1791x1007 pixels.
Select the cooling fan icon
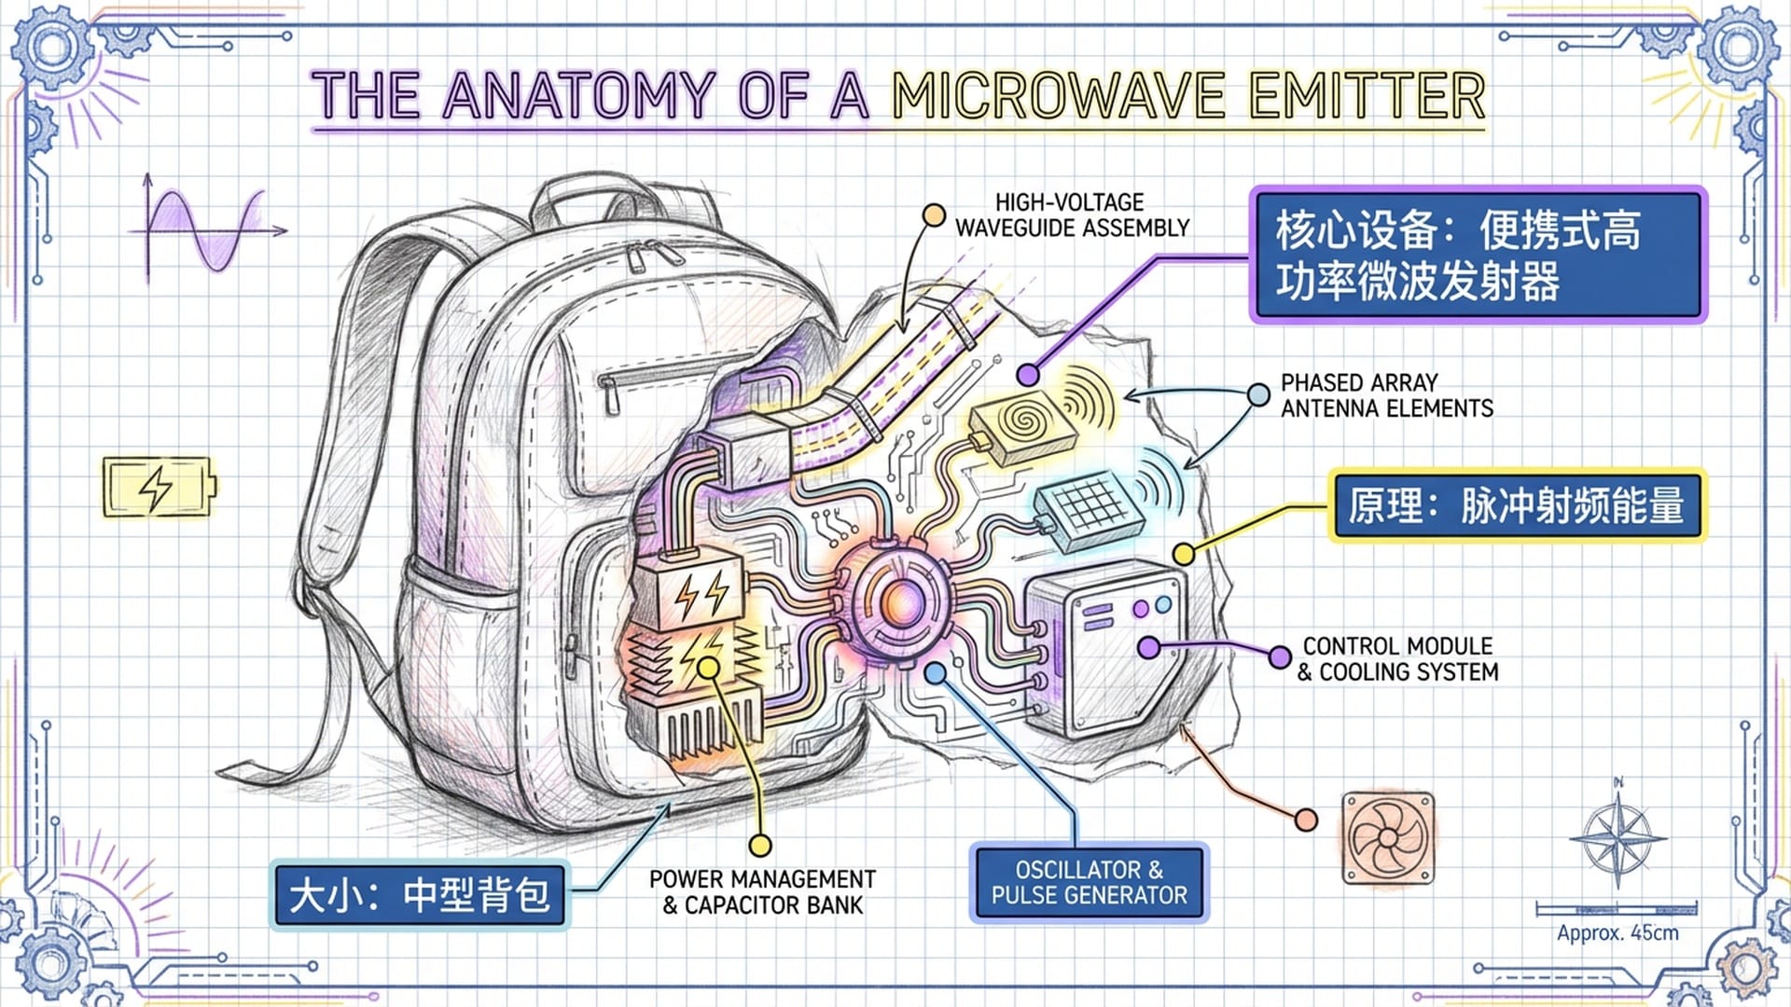1388,838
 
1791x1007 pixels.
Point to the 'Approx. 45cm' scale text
1617,932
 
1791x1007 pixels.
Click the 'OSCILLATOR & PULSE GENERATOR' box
1089,882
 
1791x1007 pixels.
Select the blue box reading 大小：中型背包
419,895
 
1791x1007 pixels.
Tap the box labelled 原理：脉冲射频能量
1516,505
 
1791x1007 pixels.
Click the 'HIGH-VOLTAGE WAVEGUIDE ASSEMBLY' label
1072,215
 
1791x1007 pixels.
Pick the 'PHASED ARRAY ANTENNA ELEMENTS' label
1386,396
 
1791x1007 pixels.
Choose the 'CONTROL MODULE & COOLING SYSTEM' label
1397,659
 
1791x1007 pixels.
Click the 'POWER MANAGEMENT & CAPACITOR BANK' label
762,892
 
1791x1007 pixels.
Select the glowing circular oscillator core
900,601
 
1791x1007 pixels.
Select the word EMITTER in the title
1367,96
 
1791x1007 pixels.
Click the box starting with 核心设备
1479,255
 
